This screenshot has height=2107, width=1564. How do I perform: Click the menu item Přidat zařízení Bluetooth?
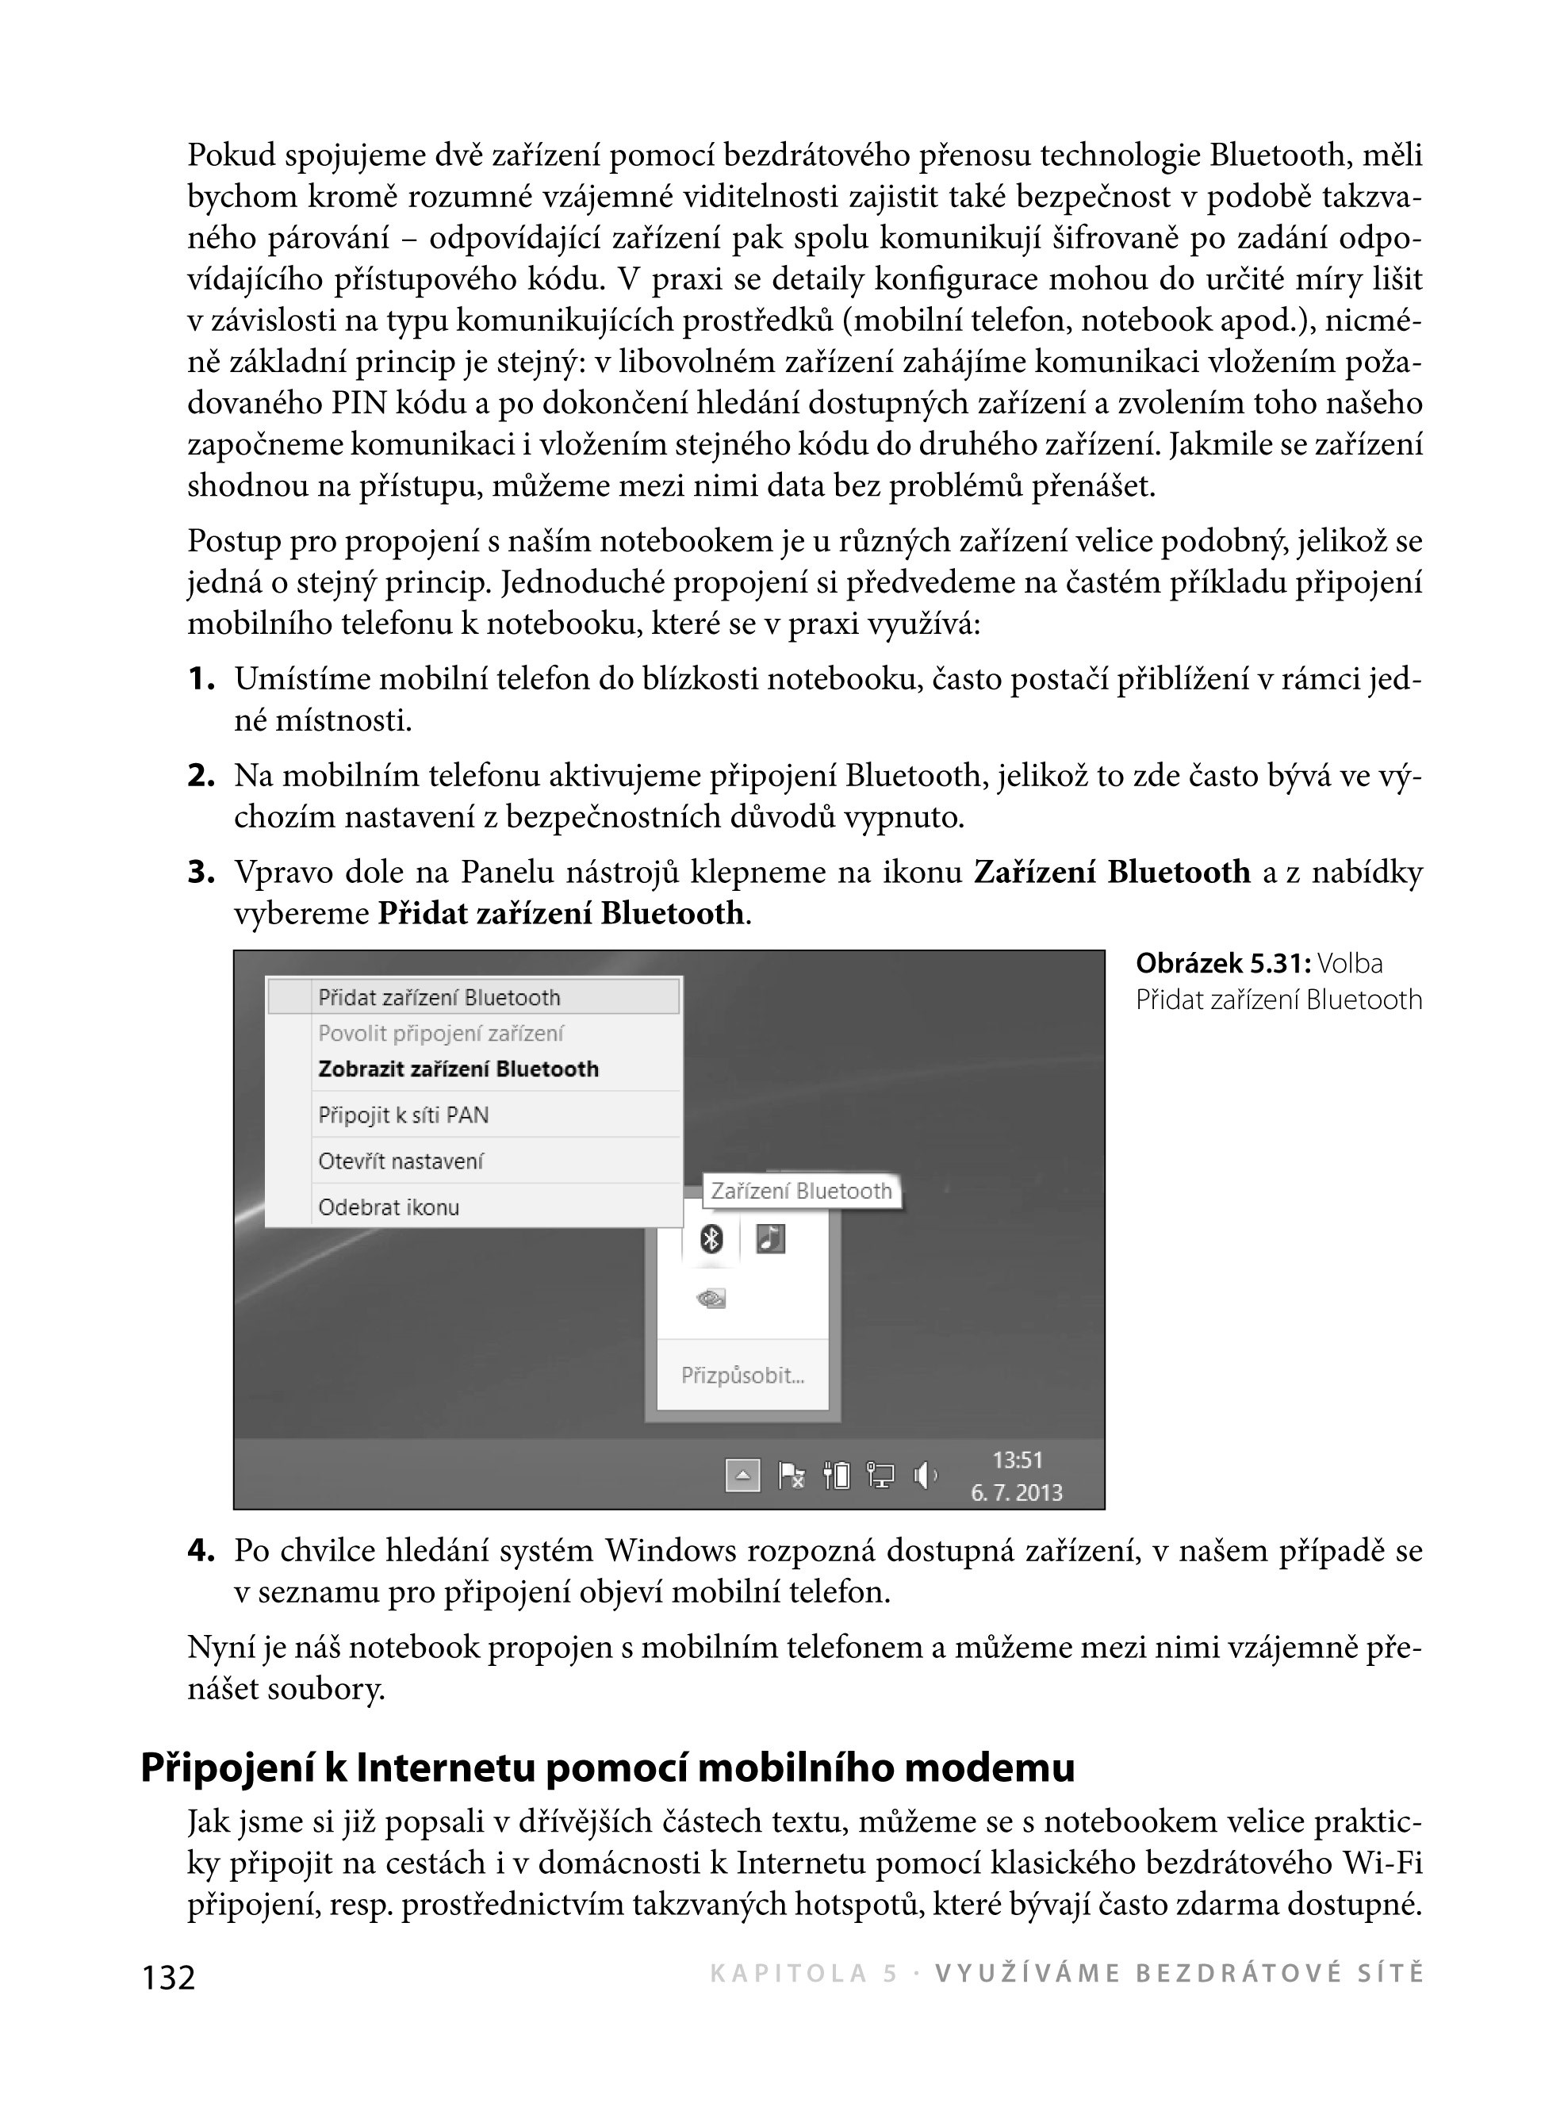coord(439,997)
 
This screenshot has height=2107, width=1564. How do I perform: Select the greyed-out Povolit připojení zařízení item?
coord(440,1033)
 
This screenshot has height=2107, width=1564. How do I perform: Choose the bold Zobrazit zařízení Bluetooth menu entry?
coord(458,1069)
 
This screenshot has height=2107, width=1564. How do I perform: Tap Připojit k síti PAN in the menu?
coord(404,1115)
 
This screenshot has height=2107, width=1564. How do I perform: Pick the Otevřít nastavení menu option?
coord(401,1161)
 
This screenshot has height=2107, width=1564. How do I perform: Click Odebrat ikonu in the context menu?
coord(388,1207)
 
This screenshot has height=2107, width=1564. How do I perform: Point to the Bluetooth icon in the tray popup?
coord(711,1238)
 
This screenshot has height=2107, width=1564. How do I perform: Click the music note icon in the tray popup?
coord(771,1238)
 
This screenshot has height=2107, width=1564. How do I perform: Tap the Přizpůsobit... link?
coord(742,1375)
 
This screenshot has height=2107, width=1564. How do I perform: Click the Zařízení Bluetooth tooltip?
coord(801,1192)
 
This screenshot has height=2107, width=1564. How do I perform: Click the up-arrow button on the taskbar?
coord(742,1476)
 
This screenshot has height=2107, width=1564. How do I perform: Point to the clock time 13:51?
coord(1017,1460)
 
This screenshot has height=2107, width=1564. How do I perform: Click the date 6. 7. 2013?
coord(1017,1493)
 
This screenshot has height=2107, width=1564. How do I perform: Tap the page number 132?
coord(168,1977)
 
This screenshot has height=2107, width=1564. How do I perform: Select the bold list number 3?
coord(201,872)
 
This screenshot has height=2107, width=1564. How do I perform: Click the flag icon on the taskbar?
coord(792,1476)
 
